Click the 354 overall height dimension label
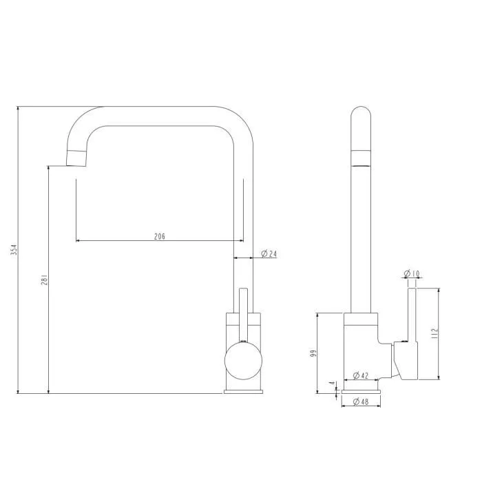click(14, 249)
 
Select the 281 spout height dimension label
click(45, 280)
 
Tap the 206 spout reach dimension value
click(160, 236)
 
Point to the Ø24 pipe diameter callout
click(269, 253)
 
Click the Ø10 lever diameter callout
click(412, 273)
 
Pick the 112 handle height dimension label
click(434, 333)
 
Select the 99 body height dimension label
click(313, 353)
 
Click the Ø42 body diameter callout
click(361, 375)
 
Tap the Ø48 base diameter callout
click(361, 401)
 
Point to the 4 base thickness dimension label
click(332, 384)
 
